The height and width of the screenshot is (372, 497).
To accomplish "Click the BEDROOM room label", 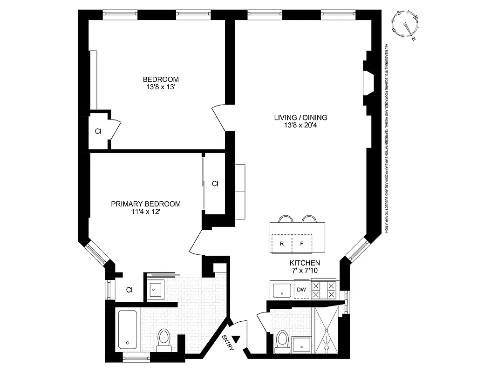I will [161, 79].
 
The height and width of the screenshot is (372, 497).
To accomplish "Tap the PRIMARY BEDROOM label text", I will [145, 204].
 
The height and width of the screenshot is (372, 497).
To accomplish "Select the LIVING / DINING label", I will [300, 117].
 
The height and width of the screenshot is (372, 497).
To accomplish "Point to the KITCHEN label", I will [305, 263].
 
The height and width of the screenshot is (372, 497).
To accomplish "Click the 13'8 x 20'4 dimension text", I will [300, 125].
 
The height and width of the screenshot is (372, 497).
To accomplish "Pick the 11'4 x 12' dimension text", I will [145, 212].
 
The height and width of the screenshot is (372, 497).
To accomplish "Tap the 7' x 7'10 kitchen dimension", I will [305, 270].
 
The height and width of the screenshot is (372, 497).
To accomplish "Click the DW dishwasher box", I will [301, 290].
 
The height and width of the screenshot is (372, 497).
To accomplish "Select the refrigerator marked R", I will [282, 243].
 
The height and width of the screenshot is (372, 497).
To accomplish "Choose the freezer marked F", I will [302, 243].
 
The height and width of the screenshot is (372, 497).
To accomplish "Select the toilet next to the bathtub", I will [164, 338].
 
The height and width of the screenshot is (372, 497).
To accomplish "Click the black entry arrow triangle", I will [237, 339].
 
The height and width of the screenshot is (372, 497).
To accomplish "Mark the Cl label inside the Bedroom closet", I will [98, 131].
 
